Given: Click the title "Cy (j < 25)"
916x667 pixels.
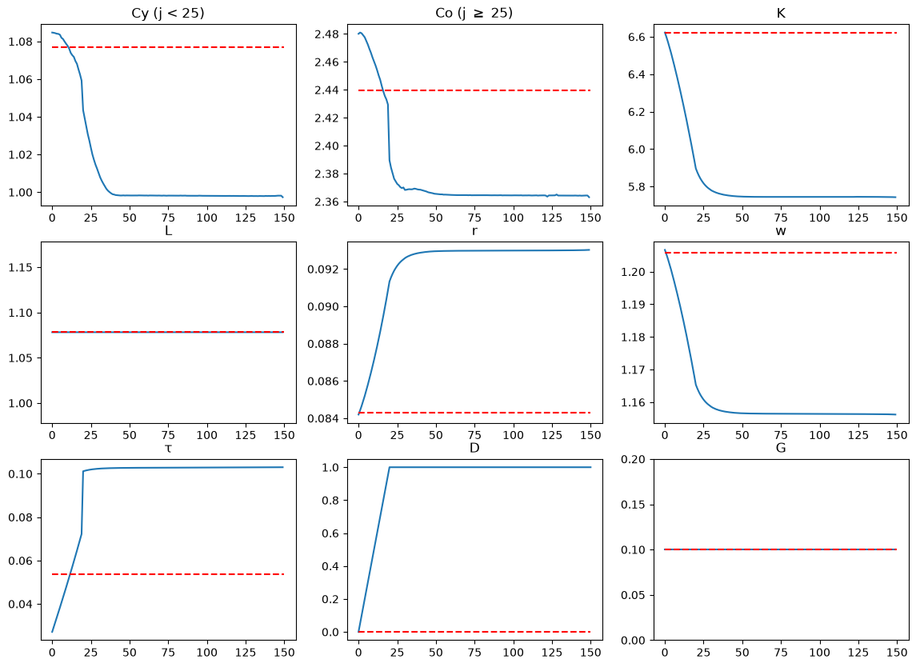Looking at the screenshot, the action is (x=168, y=13).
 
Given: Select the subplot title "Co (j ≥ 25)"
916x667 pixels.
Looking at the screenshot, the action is (x=474, y=13).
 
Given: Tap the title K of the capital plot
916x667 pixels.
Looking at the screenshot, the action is (x=781, y=13).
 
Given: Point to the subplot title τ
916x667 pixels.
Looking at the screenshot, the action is (x=168, y=448).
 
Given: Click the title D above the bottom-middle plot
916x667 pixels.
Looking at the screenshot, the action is (x=474, y=448).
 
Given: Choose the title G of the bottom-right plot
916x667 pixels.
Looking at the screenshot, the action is (x=781, y=448).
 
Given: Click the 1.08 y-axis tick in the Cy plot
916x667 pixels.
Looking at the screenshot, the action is (x=21, y=42).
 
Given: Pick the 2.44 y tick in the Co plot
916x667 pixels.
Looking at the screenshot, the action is (x=327, y=90).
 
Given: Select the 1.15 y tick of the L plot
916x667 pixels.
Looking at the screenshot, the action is (x=21, y=267).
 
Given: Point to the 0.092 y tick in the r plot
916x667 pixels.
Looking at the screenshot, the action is (x=324, y=270).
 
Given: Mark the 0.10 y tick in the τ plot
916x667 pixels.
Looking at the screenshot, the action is (x=21, y=473).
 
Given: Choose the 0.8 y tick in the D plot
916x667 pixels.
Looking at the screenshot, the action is (x=330, y=501).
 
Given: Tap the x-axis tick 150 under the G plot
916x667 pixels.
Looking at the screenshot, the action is (x=897, y=652).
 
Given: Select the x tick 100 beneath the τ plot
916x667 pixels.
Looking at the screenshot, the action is (x=207, y=652).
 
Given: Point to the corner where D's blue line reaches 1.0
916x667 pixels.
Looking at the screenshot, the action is (x=390, y=467).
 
